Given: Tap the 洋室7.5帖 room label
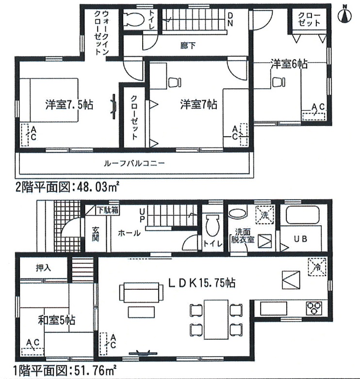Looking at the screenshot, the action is [x=69, y=105].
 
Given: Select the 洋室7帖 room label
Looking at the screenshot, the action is [x=198, y=104].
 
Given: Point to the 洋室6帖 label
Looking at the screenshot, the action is [x=289, y=64].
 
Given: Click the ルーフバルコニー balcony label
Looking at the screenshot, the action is [x=134, y=163].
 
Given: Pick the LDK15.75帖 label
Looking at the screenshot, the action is [x=201, y=283].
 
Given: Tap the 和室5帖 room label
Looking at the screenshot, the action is [x=57, y=320].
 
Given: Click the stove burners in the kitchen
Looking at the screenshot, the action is [x=314, y=308].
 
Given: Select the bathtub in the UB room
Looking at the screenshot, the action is [x=303, y=214].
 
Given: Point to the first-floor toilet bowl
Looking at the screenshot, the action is [x=213, y=225].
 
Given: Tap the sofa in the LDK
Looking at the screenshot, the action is [x=141, y=292].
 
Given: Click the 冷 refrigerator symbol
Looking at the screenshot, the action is [x=317, y=267].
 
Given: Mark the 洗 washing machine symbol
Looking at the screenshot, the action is [x=265, y=215].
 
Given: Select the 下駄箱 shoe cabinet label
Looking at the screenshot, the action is [x=108, y=210].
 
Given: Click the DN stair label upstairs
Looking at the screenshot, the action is [x=230, y=19].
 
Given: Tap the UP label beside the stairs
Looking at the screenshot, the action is [x=142, y=216].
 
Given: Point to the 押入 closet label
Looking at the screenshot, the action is [x=43, y=268].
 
